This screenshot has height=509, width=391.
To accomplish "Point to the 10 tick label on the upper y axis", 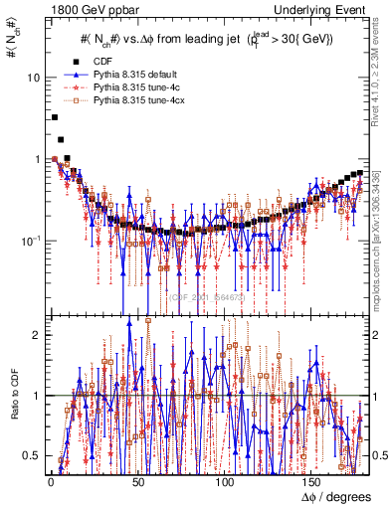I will (x=34, y=78).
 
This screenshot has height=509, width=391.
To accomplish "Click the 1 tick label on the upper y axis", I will (x=37, y=159).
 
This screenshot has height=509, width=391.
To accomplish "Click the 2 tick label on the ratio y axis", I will (x=37, y=335).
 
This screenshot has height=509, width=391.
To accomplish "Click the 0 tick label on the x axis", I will (x=50, y=480).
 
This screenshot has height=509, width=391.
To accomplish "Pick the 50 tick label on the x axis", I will (x=136, y=480).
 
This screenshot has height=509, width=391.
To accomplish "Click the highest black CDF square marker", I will (x=54, y=117).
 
